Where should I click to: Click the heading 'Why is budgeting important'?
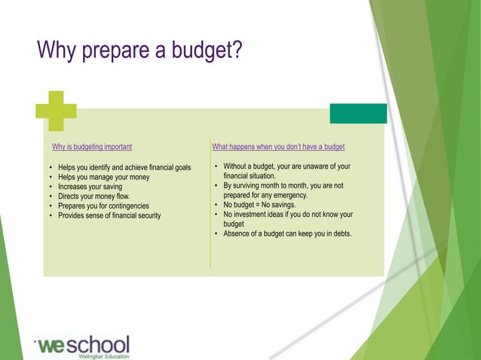[x=92, y=146]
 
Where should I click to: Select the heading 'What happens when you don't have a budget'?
[x=278, y=146]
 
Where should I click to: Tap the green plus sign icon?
[x=56, y=111]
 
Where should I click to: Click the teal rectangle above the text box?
[x=358, y=113]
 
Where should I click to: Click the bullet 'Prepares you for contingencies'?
[x=103, y=206]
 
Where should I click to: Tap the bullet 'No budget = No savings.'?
[x=259, y=204]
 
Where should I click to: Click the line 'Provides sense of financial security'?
[x=109, y=215]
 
